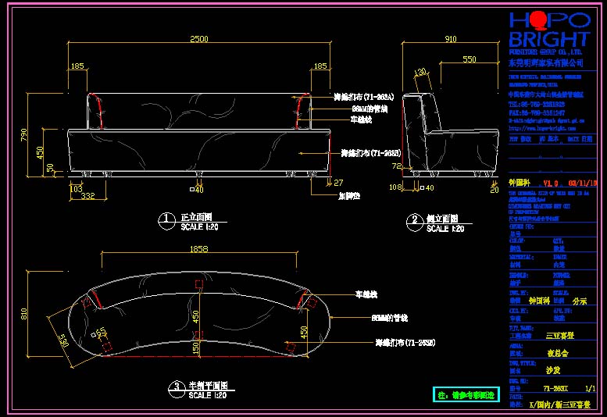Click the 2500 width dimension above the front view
(x=199, y=38)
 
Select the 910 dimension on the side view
(x=451, y=38)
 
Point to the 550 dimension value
(x=469, y=59)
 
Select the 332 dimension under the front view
(x=87, y=197)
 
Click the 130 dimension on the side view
(x=422, y=73)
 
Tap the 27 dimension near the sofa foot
(x=337, y=183)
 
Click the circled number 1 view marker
(x=166, y=221)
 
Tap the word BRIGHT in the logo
(x=549, y=39)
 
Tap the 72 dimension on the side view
(x=396, y=166)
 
